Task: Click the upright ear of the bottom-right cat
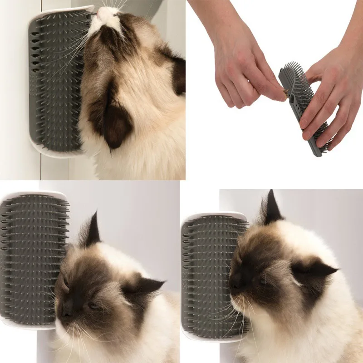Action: (273, 209)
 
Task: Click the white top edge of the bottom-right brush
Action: (213, 216)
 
